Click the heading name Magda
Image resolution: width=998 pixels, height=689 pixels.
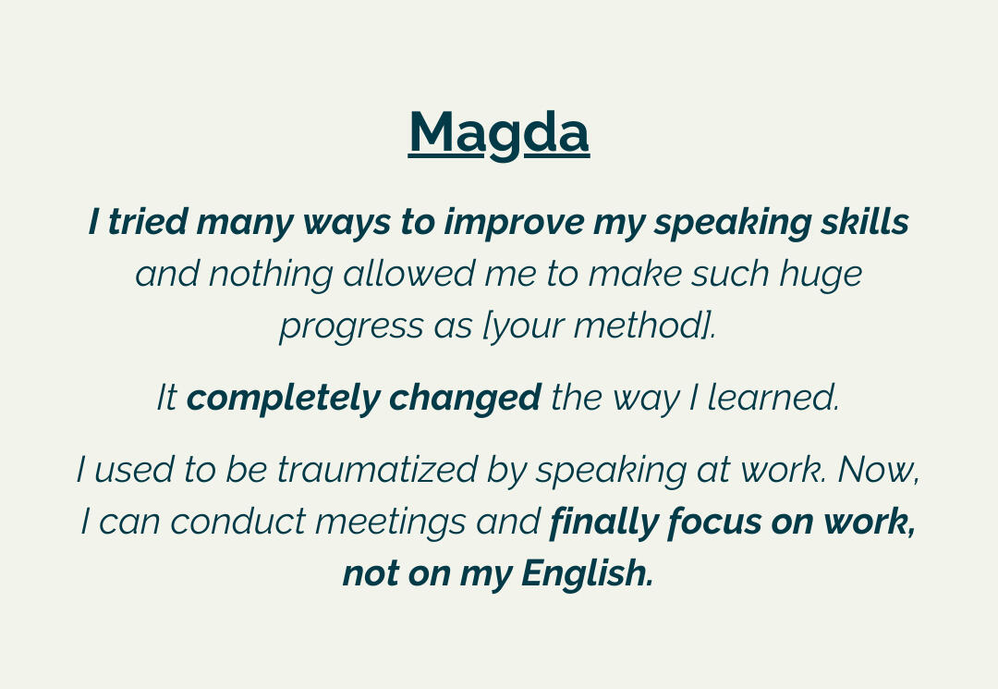coord(499,134)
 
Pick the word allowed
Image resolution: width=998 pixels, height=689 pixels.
coord(408,274)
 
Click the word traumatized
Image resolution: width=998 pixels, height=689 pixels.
coord(377,470)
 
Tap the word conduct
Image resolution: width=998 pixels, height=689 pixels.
coord(238,522)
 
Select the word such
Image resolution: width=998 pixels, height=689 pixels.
coord(730,274)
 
